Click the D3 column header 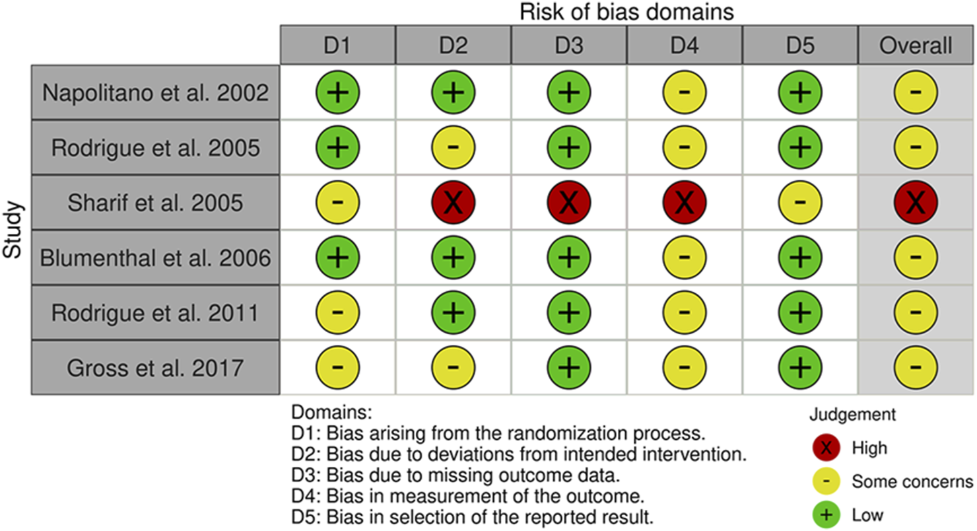(569, 46)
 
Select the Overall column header (916, 46)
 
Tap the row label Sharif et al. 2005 (155, 203)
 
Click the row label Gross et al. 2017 (155, 368)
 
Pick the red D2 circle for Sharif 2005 (453, 203)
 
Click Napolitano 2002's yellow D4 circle (685, 92)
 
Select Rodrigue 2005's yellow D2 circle (453, 147)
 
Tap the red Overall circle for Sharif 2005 (916, 203)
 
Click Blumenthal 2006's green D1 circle (337, 258)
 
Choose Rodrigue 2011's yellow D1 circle (337, 312)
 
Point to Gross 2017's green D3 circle (569, 367)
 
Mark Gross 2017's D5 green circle (800, 367)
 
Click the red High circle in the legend (826, 448)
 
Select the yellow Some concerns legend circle (826, 481)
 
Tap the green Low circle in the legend (826, 515)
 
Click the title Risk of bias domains (626, 12)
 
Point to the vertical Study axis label (12, 230)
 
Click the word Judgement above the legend (852, 415)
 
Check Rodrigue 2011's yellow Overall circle (916, 312)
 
